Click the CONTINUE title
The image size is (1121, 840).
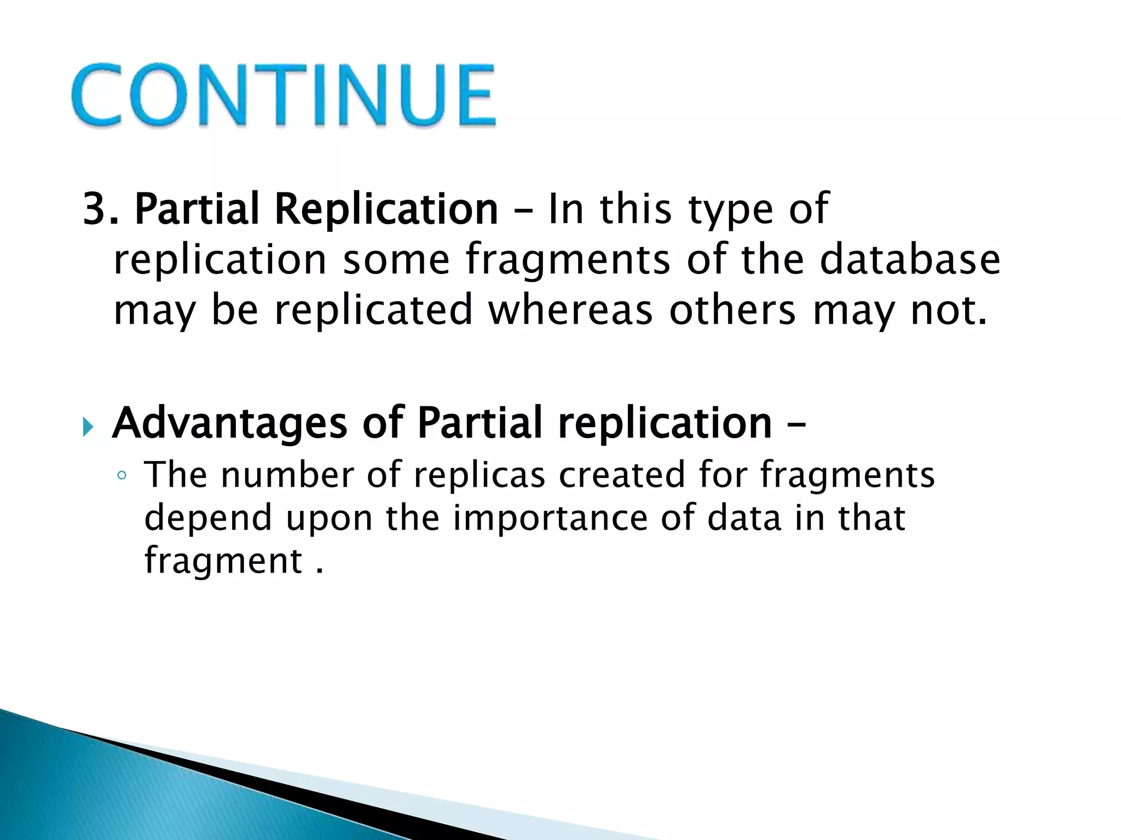point(284,96)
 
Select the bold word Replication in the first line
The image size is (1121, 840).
point(386,209)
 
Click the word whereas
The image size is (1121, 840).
point(570,310)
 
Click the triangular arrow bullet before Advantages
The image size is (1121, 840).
point(88,427)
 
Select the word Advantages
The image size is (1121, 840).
point(229,424)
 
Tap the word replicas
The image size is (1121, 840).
point(479,475)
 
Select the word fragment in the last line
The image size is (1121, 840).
point(223,561)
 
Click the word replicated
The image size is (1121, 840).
point(373,310)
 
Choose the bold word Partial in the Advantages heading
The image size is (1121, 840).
point(479,424)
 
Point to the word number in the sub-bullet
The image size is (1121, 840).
point(287,475)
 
